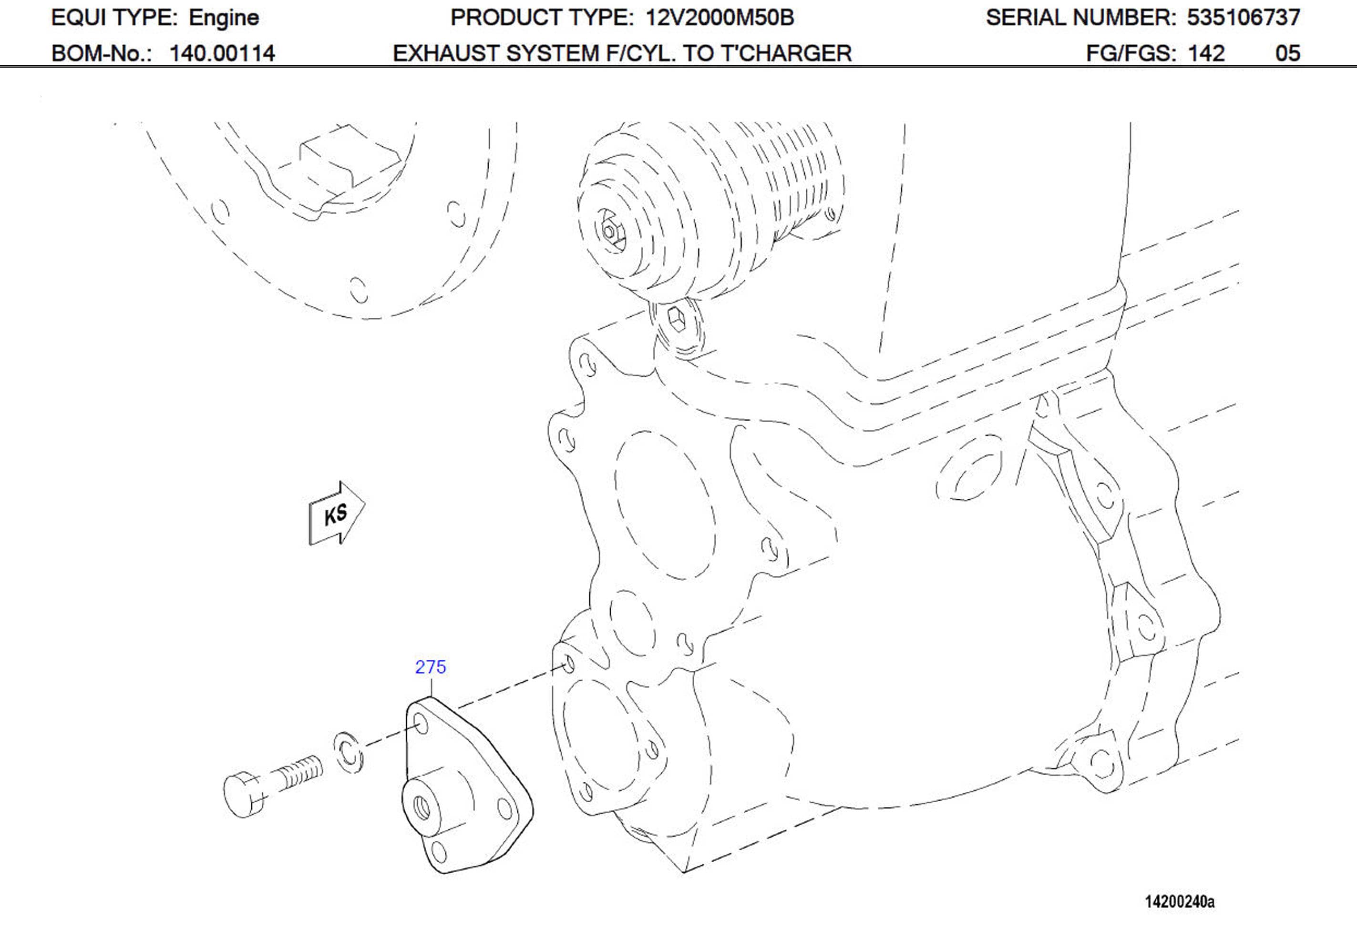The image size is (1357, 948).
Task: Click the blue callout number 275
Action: coord(430,667)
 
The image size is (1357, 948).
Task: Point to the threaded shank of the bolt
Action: coord(300,773)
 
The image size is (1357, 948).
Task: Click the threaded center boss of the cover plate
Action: coord(422,805)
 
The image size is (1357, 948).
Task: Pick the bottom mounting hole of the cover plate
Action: coord(439,852)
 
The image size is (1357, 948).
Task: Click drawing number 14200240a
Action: coord(1180,902)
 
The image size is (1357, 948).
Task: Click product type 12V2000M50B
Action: coord(720,18)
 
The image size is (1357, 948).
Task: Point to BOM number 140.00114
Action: coord(222,54)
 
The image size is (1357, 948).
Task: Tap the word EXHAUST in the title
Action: coord(446,54)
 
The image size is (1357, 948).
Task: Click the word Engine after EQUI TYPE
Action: coord(224,18)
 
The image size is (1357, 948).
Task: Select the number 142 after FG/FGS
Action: coord(1206,54)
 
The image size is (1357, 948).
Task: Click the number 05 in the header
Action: coord(1287,54)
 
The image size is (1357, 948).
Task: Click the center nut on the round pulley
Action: coord(609,231)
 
